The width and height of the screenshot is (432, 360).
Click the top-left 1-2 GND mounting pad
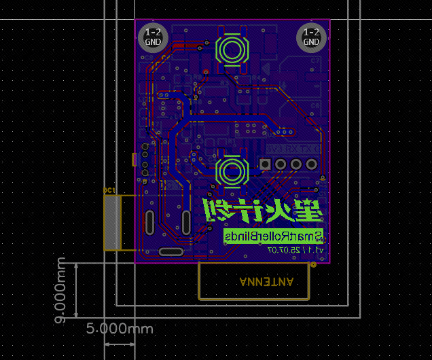pos(154,37)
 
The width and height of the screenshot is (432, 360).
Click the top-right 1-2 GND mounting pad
pos(311,37)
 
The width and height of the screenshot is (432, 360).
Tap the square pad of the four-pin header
pos(265,164)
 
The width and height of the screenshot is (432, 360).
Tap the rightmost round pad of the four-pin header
pos(311,164)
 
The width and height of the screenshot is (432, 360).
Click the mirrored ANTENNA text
pos(266,281)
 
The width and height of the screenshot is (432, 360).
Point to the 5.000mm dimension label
pos(119,329)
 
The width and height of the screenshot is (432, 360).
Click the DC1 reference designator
pos(109,190)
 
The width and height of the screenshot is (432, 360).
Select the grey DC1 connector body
pos(112,223)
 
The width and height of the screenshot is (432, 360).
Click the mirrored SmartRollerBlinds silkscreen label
pos(274,236)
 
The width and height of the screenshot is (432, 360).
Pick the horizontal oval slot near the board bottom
pos(170,252)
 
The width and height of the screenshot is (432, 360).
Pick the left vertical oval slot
pos(149,222)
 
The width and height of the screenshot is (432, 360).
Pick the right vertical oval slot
pos(185,222)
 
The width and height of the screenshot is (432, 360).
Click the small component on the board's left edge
pos(134,160)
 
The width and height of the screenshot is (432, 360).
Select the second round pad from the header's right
pos(296,164)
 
